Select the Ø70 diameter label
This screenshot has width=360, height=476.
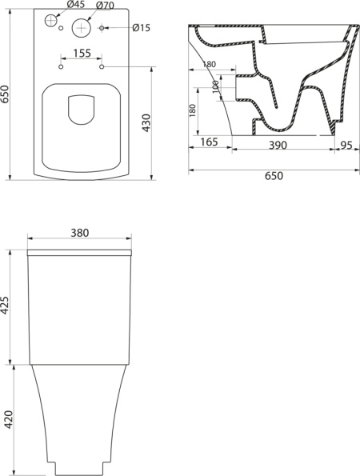pyautogui.click(x=106, y=6)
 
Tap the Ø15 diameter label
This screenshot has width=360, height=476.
pyautogui.click(x=141, y=30)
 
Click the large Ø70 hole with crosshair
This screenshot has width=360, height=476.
pyautogui.click(x=82, y=26)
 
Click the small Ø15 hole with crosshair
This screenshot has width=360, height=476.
pyautogui.click(x=102, y=30)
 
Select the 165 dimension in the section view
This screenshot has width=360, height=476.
pyautogui.click(x=210, y=142)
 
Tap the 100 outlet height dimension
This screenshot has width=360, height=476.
pyautogui.click(x=216, y=86)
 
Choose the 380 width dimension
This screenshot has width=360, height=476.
pyautogui.click(x=78, y=233)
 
